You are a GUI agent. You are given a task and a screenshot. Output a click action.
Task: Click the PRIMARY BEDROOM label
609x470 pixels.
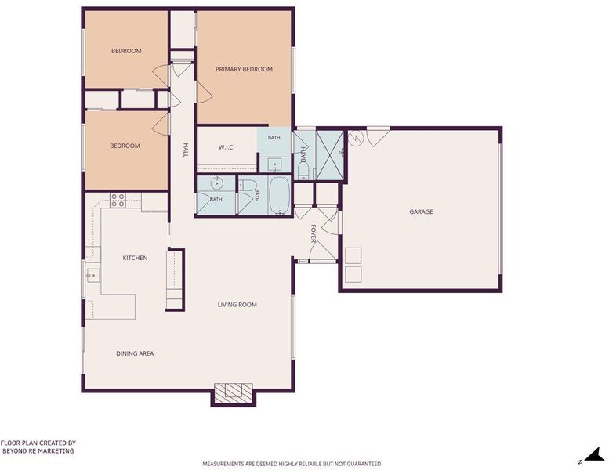click(x=244, y=69)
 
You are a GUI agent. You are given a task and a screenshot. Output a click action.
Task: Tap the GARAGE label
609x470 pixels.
click(x=421, y=211)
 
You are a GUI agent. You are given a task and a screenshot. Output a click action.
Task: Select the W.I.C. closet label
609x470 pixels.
click(x=227, y=147)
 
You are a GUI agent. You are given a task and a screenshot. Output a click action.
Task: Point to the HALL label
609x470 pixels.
click(x=185, y=150)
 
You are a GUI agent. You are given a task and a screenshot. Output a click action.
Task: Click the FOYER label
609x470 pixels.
click(x=314, y=233)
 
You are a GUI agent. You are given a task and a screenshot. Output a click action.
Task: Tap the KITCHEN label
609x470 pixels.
click(x=135, y=258)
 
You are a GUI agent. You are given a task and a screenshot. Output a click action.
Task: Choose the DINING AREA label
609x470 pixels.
click(x=135, y=353)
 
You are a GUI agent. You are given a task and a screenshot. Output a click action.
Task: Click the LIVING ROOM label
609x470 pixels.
click(x=237, y=305)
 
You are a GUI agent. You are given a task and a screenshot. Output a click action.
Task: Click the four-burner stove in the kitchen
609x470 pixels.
click(x=118, y=201)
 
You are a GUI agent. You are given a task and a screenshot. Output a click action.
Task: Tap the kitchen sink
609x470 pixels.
click(x=92, y=276)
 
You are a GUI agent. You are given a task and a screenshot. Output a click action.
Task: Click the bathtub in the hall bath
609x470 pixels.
click(x=279, y=196)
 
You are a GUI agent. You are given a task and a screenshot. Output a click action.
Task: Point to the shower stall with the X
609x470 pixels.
click(x=330, y=155)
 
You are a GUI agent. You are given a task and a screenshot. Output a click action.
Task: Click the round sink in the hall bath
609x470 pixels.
click(x=216, y=183)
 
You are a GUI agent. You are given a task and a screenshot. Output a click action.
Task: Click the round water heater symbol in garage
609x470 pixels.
click(x=355, y=138)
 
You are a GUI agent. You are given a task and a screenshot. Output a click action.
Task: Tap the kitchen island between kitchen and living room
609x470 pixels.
click(x=174, y=280)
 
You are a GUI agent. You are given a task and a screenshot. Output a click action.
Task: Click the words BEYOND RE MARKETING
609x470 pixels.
click(x=38, y=451)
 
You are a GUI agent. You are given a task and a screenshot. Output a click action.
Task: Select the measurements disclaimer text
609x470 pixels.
click(x=292, y=464)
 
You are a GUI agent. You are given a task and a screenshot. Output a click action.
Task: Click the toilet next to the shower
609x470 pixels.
click(x=303, y=171)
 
